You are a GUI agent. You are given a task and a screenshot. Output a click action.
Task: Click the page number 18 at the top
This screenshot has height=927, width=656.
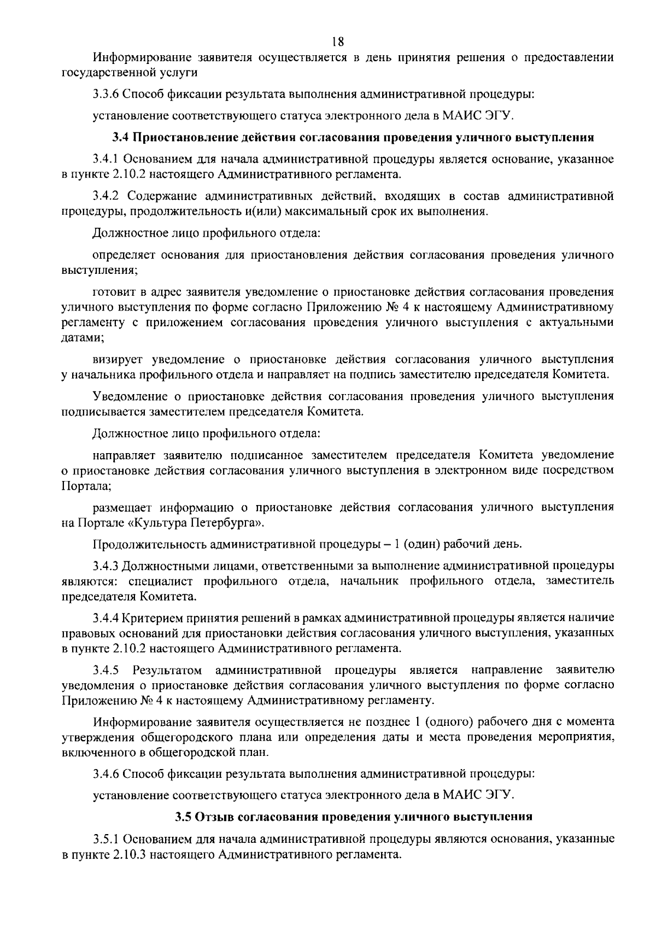coord(337,41)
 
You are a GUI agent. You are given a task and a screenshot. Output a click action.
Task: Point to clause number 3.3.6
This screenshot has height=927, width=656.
coord(106,93)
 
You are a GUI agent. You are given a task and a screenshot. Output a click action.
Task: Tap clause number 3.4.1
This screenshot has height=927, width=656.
coord(106,159)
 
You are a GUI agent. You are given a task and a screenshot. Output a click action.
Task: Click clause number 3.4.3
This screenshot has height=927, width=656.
coord(106,565)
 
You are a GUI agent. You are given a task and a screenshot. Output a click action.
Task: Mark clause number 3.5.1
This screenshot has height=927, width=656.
coord(106,838)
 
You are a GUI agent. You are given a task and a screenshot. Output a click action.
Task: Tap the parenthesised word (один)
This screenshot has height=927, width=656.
coord(421,544)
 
